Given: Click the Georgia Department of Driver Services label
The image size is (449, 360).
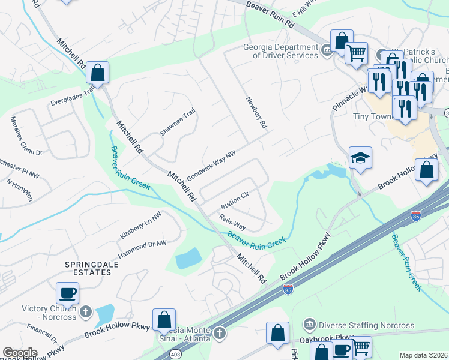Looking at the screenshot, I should pos(280,52).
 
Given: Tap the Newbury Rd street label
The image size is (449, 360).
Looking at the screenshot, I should pos(255,113).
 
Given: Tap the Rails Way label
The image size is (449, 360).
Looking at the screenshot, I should pos(232,222).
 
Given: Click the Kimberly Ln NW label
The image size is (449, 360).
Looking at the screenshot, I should pos(140,226).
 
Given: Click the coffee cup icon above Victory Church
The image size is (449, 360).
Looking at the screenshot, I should pos(67,293).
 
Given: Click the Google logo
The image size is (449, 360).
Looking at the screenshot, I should pos(20,353).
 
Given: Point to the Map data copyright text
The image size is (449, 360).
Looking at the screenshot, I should pos(424,355).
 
